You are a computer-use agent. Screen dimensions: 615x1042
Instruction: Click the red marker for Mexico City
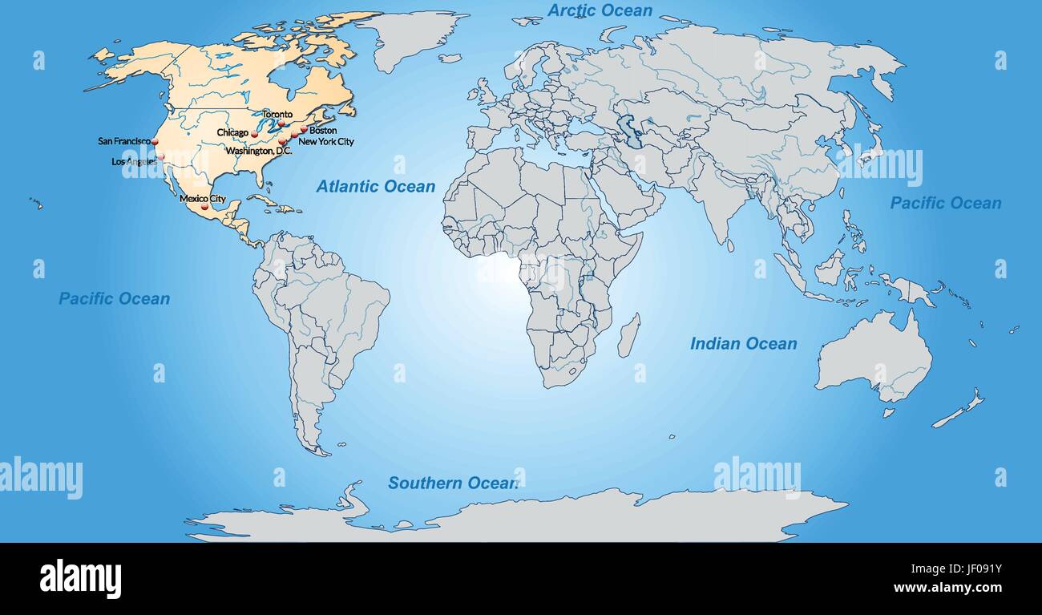(x=204, y=207)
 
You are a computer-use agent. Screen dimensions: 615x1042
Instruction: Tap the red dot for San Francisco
(x=155, y=141)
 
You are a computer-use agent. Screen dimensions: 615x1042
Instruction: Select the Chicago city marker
(x=254, y=134)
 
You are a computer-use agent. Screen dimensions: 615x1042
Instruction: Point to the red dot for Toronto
(x=281, y=124)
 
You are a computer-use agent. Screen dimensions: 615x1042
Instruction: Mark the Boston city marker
(x=304, y=128)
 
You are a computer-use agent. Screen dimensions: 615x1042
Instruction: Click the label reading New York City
(x=325, y=142)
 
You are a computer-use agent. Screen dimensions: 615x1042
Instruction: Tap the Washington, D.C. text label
(x=258, y=151)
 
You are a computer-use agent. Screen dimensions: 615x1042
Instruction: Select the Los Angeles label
(x=134, y=161)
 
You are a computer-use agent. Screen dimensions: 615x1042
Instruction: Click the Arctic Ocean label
(x=600, y=10)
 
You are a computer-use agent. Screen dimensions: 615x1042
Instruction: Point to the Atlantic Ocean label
(x=375, y=186)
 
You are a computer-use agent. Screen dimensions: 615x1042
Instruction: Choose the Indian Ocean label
(x=743, y=343)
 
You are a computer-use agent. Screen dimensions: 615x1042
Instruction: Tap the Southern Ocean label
(x=453, y=483)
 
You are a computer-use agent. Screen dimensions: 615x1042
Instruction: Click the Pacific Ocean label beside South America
(x=114, y=298)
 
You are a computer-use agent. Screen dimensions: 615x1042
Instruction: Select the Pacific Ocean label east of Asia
(x=945, y=203)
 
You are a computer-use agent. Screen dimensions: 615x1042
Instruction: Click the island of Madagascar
(x=629, y=335)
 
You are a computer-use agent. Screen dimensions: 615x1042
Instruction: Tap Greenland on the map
(x=413, y=36)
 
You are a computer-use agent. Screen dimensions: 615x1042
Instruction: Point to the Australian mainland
(x=874, y=357)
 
